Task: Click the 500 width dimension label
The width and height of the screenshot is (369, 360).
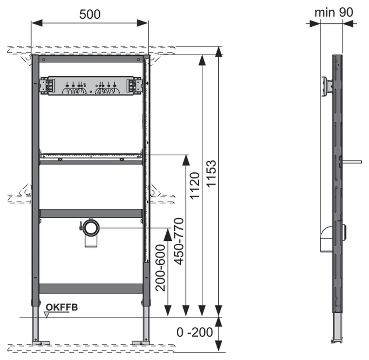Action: tap(90, 14)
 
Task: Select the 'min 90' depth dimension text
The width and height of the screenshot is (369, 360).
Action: tap(334, 12)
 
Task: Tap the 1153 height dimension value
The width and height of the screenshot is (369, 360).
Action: tap(211, 173)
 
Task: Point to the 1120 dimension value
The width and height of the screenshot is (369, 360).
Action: tap(195, 186)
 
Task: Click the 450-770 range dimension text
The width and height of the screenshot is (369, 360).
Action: tap(179, 241)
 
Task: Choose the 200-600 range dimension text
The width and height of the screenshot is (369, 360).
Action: tap(161, 268)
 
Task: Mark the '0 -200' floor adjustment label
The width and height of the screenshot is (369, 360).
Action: tap(195, 332)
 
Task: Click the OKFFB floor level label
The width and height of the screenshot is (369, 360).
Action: tap(62, 307)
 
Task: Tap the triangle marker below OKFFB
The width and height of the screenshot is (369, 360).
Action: tap(47, 315)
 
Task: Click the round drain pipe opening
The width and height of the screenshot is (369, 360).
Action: tap(92, 228)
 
